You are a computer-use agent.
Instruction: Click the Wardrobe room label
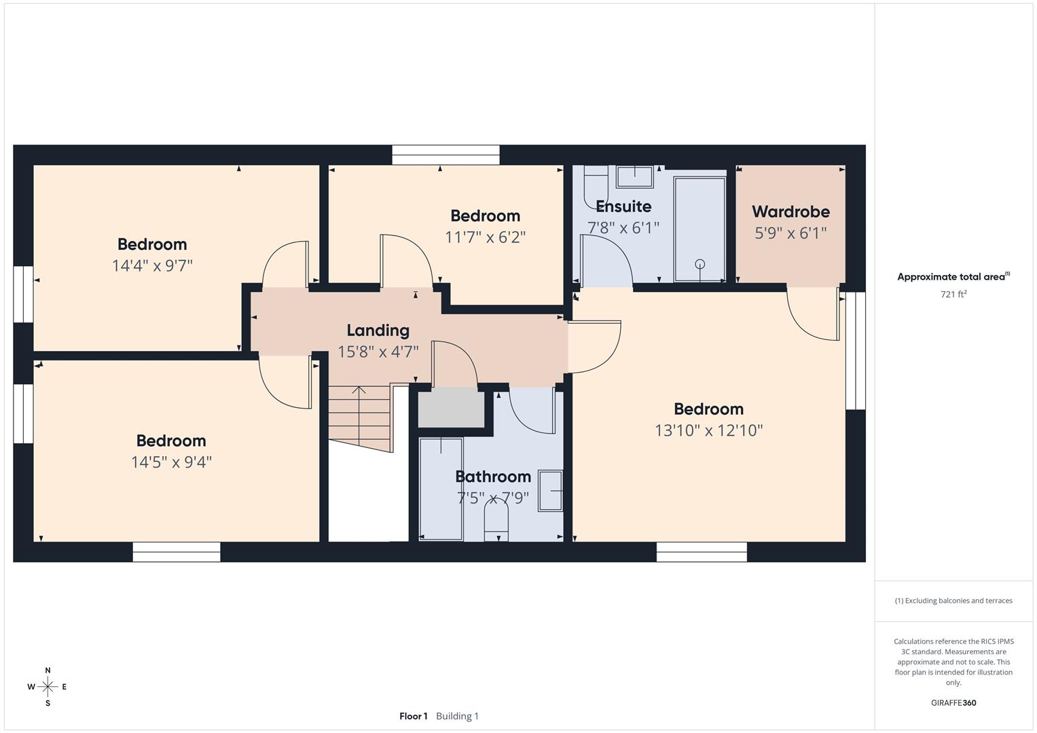(x=790, y=212)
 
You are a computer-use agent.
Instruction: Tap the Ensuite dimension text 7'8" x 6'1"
(x=623, y=228)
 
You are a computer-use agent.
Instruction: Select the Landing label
(x=378, y=331)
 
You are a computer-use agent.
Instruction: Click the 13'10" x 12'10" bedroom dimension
(x=708, y=430)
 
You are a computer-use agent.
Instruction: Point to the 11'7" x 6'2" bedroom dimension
(x=485, y=237)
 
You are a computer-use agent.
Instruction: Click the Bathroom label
(x=492, y=476)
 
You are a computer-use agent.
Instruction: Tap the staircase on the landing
(x=359, y=415)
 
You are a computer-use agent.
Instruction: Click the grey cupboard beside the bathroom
(x=450, y=407)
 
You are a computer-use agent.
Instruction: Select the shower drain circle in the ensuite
(x=700, y=264)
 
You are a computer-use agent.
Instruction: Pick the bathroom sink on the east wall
(x=551, y=490)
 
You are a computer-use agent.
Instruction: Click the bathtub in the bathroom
(x=441, y=489)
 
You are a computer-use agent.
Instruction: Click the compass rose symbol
(x=48, y=687)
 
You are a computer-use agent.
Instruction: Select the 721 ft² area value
(x=953, y=295)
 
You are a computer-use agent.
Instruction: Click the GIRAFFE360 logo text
(x=953, y=702)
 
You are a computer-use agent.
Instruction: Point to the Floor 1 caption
(x=413, y=716)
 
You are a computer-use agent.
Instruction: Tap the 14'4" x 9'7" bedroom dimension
(x=152, y=265)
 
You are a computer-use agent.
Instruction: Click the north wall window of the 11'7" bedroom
(x=445, y=155)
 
